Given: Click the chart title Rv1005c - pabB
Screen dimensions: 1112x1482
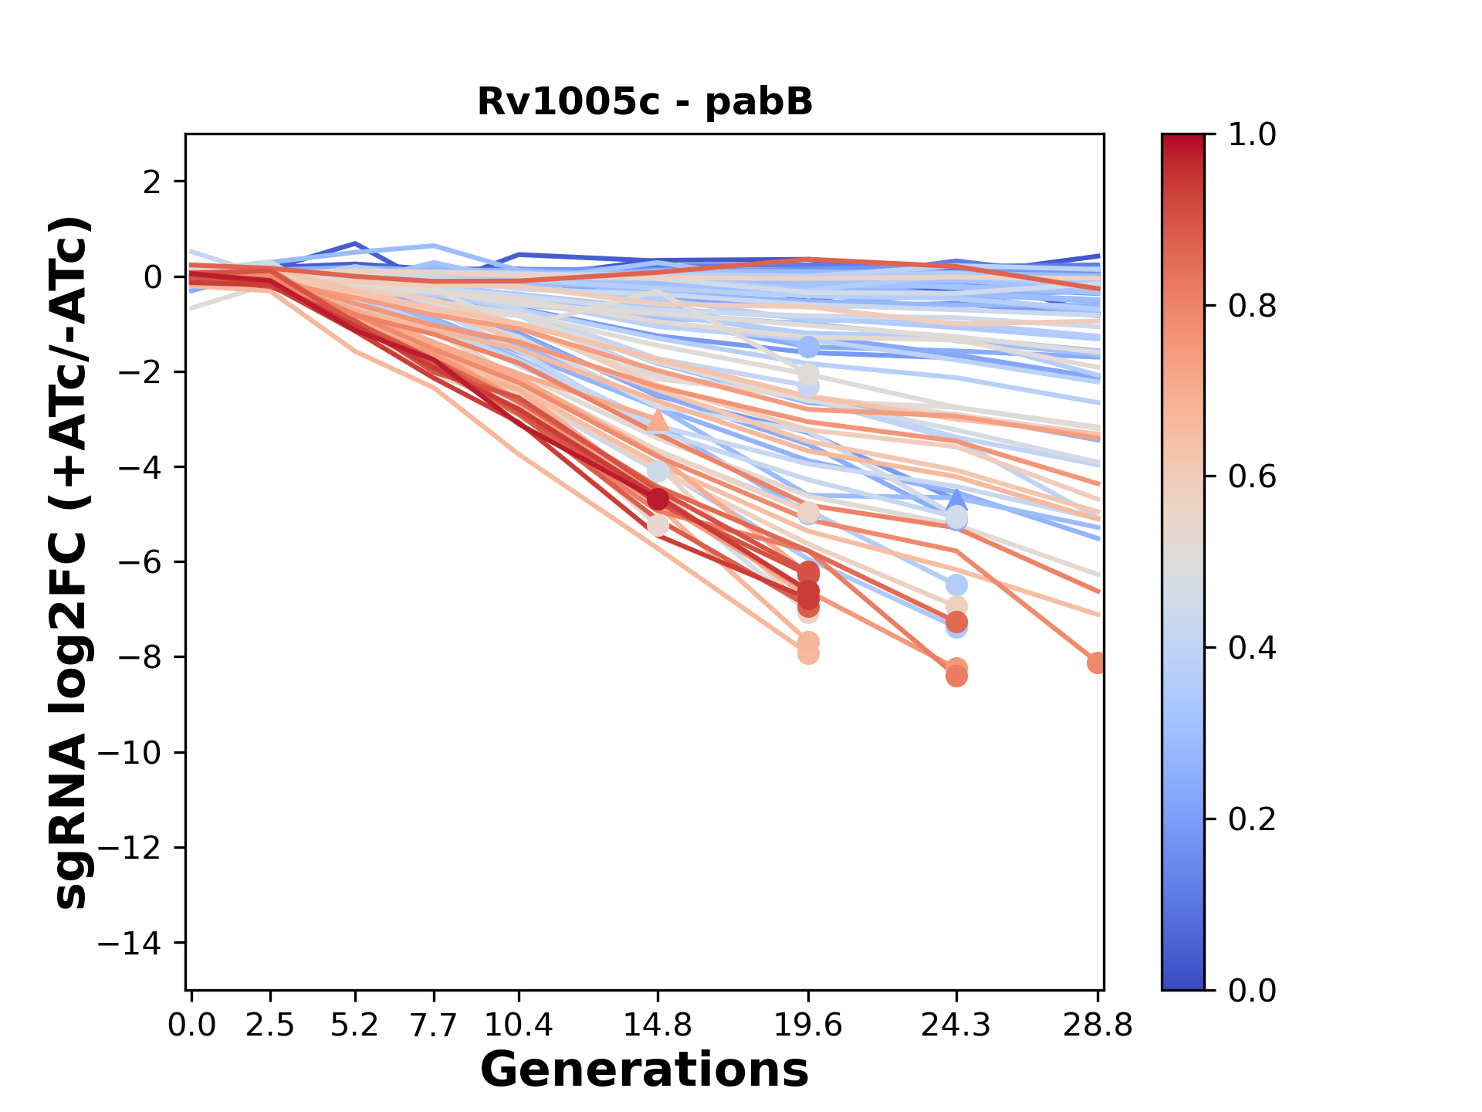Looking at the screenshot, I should coord(645,102).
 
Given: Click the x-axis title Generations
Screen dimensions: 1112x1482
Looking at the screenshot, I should coord(645,1070).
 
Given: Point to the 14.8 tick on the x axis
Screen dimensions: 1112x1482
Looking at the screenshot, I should coord(658,1026).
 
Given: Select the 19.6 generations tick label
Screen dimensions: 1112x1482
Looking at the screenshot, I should coord(808,1026).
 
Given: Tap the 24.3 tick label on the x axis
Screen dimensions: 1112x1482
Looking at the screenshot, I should coord(956,1026).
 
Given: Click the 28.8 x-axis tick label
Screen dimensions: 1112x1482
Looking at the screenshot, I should coord(1097,1026).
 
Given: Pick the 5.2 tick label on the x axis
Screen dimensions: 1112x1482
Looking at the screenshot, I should coord(355,1026).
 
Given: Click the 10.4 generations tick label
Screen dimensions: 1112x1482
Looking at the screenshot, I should coord(519,1026).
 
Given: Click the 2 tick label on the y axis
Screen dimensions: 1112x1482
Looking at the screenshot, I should coord(152,182).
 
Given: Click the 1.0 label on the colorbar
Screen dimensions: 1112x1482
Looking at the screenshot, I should coord(1252,135).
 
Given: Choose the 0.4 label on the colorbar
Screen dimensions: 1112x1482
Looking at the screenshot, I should coord(1252,648).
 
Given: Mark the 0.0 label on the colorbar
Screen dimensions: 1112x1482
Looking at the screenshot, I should coord(1252,991).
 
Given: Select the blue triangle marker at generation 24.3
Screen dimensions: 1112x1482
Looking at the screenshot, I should coord(956,499).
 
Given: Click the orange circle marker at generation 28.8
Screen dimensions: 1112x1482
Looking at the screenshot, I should coord(1097,663).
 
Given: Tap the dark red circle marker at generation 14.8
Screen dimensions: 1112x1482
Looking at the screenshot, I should coord(658,500).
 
